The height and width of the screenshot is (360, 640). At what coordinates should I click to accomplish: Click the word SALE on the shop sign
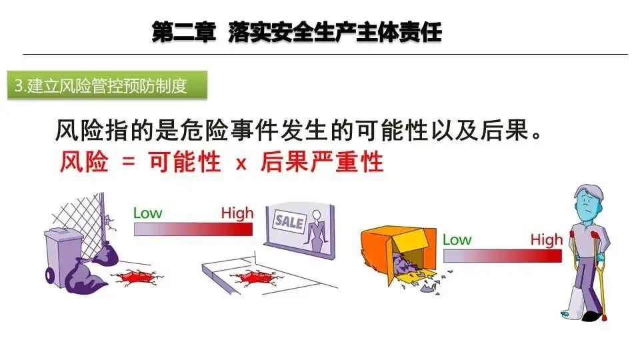[x=289, y=221]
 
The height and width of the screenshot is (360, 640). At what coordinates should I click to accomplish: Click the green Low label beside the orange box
[x=457, y=239]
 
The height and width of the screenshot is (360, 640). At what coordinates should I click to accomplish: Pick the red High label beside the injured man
[x=547, y=239]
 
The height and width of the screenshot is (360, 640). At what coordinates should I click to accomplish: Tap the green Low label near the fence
[x=147, y=213]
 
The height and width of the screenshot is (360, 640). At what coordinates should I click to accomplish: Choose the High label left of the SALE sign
[x=237, y=213]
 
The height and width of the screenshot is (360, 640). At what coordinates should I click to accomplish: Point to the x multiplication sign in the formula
[x=241, y=163]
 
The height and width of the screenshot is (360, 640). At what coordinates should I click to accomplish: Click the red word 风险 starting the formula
[x=83, y=162]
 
